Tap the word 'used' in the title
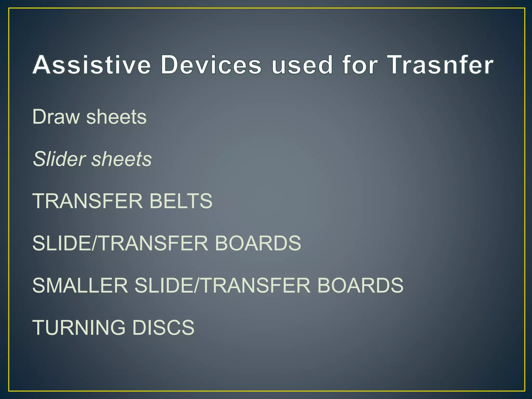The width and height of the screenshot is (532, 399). click(302, 65)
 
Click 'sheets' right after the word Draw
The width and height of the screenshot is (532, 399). click(116, 117)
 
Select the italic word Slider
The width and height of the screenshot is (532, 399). click(59, 159)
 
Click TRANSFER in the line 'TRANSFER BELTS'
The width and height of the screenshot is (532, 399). click(88, 201)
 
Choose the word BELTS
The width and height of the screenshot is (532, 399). click(181, 201)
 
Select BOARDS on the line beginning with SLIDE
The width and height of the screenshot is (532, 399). click(258, 243)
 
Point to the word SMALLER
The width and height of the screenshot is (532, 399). click(80, 285)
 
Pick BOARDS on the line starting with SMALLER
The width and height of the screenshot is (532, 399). click(360, 285)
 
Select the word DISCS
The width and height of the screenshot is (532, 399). click(163, 327)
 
